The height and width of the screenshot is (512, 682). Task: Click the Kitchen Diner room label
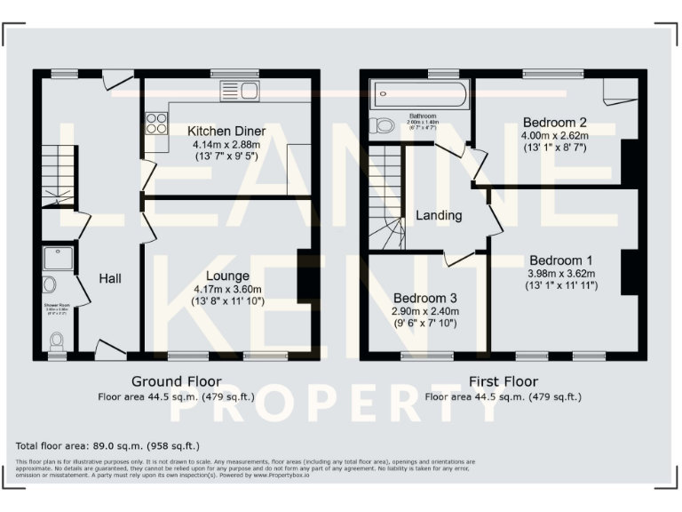click(x=228, y=131)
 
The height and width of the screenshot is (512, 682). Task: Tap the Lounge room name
click(x=228, y=276)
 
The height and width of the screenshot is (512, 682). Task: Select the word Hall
click(x=110, y=278)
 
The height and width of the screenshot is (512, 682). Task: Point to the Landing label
click(x=439, y=215)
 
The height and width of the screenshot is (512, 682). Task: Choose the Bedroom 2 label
click(x=554, y=122)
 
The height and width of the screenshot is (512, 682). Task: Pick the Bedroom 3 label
click(x=425, y=298)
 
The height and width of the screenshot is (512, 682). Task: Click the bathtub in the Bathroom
click(x=416, y=92)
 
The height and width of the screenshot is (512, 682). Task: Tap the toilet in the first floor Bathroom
click(x=383, y=125)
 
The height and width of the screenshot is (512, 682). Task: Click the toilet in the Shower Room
click(x=58, y=340)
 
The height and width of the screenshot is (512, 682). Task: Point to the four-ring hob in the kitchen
click(x=156, y=123)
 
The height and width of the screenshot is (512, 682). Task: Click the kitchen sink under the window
click(x=246, y=91)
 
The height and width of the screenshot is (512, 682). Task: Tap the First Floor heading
click(x=503, y=381)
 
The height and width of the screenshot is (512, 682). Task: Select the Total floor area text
click(x=107, y=445)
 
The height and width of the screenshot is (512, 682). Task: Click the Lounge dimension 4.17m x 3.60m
click(x=228, y=289)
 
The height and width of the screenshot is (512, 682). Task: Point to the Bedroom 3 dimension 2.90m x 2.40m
click(x=425, y=311)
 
